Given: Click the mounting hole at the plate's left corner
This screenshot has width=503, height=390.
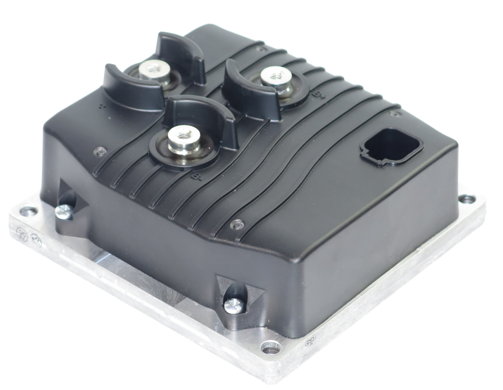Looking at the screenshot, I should pos(30,212).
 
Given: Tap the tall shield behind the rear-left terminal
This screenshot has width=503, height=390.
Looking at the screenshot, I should pos(180,54).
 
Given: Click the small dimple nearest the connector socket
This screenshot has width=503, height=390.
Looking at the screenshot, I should pos(393,114).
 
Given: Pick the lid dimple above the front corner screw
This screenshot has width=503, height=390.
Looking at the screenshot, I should pos(238,225).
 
